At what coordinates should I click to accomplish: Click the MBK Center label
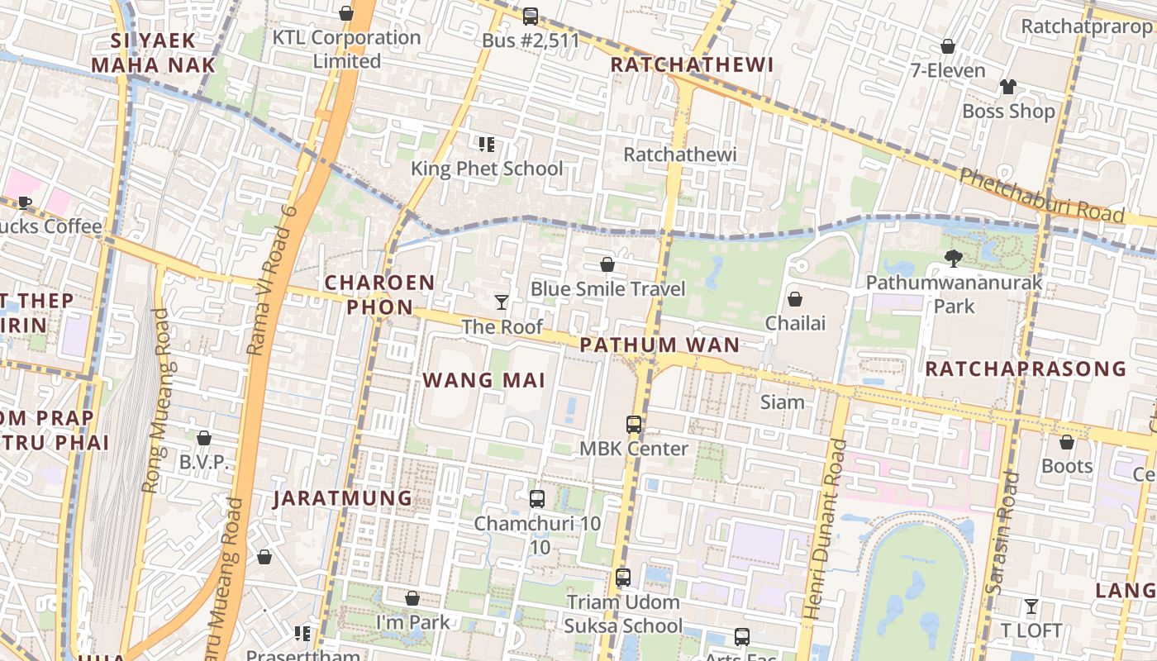(x=634, y=449)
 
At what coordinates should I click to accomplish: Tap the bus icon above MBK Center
(x=634, y=425)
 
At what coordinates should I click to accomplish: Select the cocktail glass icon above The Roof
(x=502, y=302)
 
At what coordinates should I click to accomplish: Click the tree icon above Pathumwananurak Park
(x=954, y=259)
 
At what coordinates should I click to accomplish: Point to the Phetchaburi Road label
(x=1041, y=195)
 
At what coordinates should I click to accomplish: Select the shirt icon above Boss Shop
(x=1008, y=87)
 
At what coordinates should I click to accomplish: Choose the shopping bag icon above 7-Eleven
(x=948, y=46)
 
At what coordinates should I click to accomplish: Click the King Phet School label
(x=487, y=169)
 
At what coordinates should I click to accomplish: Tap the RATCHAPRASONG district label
(x=1026, y=369)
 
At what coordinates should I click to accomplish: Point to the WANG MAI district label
(x=484, y=380)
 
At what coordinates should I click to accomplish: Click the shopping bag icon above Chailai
(x=795, y=298)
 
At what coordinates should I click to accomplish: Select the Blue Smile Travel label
(x=608, y=288)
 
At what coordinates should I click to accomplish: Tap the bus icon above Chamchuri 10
(x=537, y=499)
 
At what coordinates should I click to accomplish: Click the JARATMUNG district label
(x=343, y=498)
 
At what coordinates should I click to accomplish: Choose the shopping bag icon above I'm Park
(x=412, y=598)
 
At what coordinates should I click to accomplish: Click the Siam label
(x=782, y=402)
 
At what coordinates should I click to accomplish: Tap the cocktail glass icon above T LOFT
(x=1031, y=606)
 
